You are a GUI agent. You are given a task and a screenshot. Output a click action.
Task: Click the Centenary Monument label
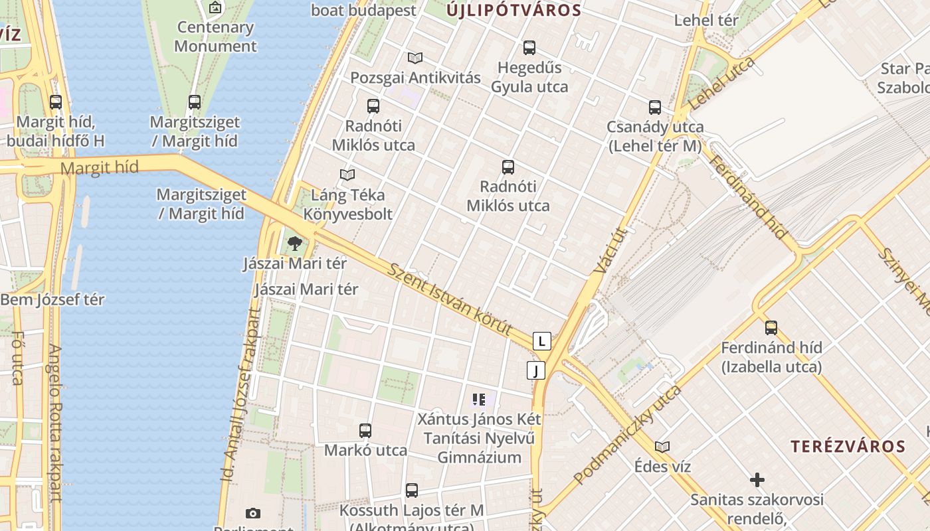[x=215, y=37]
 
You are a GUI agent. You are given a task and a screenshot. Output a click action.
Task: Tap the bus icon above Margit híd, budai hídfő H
[x=56, y=102]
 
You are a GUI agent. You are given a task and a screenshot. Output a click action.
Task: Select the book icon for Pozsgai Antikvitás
[x=415, y=58]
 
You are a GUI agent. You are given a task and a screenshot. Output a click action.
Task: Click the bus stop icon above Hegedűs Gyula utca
[x=529, y=48]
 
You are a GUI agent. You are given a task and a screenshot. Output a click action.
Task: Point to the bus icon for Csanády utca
[x=655, y=107]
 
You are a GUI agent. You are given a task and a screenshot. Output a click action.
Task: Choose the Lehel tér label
[x=706, y=20]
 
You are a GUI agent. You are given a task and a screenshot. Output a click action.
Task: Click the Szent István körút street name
[x=450, y=299]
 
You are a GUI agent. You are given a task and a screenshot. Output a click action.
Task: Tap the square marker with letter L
[x=542, y=342]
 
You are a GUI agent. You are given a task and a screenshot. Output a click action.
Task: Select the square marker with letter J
[x=535, y=370]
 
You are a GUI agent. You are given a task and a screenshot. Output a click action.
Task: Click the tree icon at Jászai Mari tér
[x=295, y=244]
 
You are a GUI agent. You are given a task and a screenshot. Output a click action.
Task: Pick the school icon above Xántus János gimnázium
[x=479, y=400]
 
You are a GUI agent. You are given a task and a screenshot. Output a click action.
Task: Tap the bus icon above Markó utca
[x=365, y=430]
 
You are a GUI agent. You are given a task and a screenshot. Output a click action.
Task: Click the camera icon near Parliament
[x=252, y=513]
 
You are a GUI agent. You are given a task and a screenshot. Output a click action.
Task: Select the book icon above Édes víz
[x=662, y=447]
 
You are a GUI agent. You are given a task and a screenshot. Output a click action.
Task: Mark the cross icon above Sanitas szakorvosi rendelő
[x=757, y=480]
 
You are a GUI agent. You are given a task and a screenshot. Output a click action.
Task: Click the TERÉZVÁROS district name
[x=848, y=446]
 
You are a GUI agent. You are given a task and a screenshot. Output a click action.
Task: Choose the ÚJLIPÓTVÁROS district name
[x=513, y=10]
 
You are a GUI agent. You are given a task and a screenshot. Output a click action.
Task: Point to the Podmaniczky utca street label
[x=627, y=435]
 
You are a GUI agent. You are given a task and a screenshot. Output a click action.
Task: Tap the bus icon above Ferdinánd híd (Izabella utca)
[x=771, y=328]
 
